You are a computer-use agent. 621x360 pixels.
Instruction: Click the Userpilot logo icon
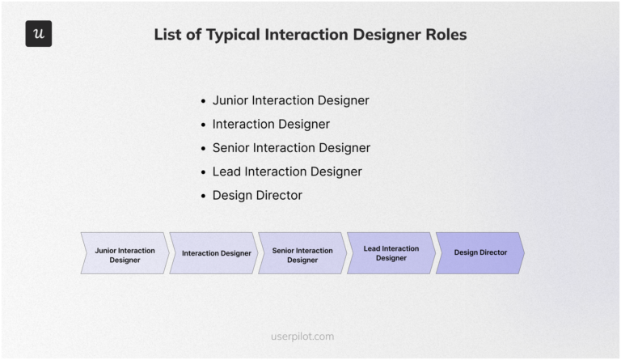point(39,34)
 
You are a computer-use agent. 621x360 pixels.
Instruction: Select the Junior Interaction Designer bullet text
point(290,100)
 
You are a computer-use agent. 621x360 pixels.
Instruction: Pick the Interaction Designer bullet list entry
point(271,124)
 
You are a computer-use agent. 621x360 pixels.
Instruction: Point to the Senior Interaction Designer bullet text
point(291,148)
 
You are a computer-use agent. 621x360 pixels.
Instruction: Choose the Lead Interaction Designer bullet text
point(287,172)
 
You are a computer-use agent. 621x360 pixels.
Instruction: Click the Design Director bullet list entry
point(257,195)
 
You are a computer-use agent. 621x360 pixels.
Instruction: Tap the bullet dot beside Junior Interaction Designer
point(203,101)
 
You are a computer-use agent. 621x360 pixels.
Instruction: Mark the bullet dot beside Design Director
point(203,196)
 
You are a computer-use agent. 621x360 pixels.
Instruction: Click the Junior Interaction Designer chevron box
point(125,253)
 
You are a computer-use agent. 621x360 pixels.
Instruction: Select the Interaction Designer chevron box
point(215,253)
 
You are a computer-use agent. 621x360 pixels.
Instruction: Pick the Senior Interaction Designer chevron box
point(302,253)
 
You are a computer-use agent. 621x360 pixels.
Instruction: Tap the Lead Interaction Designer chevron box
point(391,253)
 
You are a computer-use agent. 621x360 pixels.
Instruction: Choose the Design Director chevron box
point(479,253)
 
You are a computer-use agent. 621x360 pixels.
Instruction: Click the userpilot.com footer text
point(302,337)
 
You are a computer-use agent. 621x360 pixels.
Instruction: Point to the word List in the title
point(168,35)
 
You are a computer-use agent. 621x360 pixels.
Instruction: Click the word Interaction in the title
point(305,35)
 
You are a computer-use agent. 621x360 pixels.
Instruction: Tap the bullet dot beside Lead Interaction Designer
point(203,172)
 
